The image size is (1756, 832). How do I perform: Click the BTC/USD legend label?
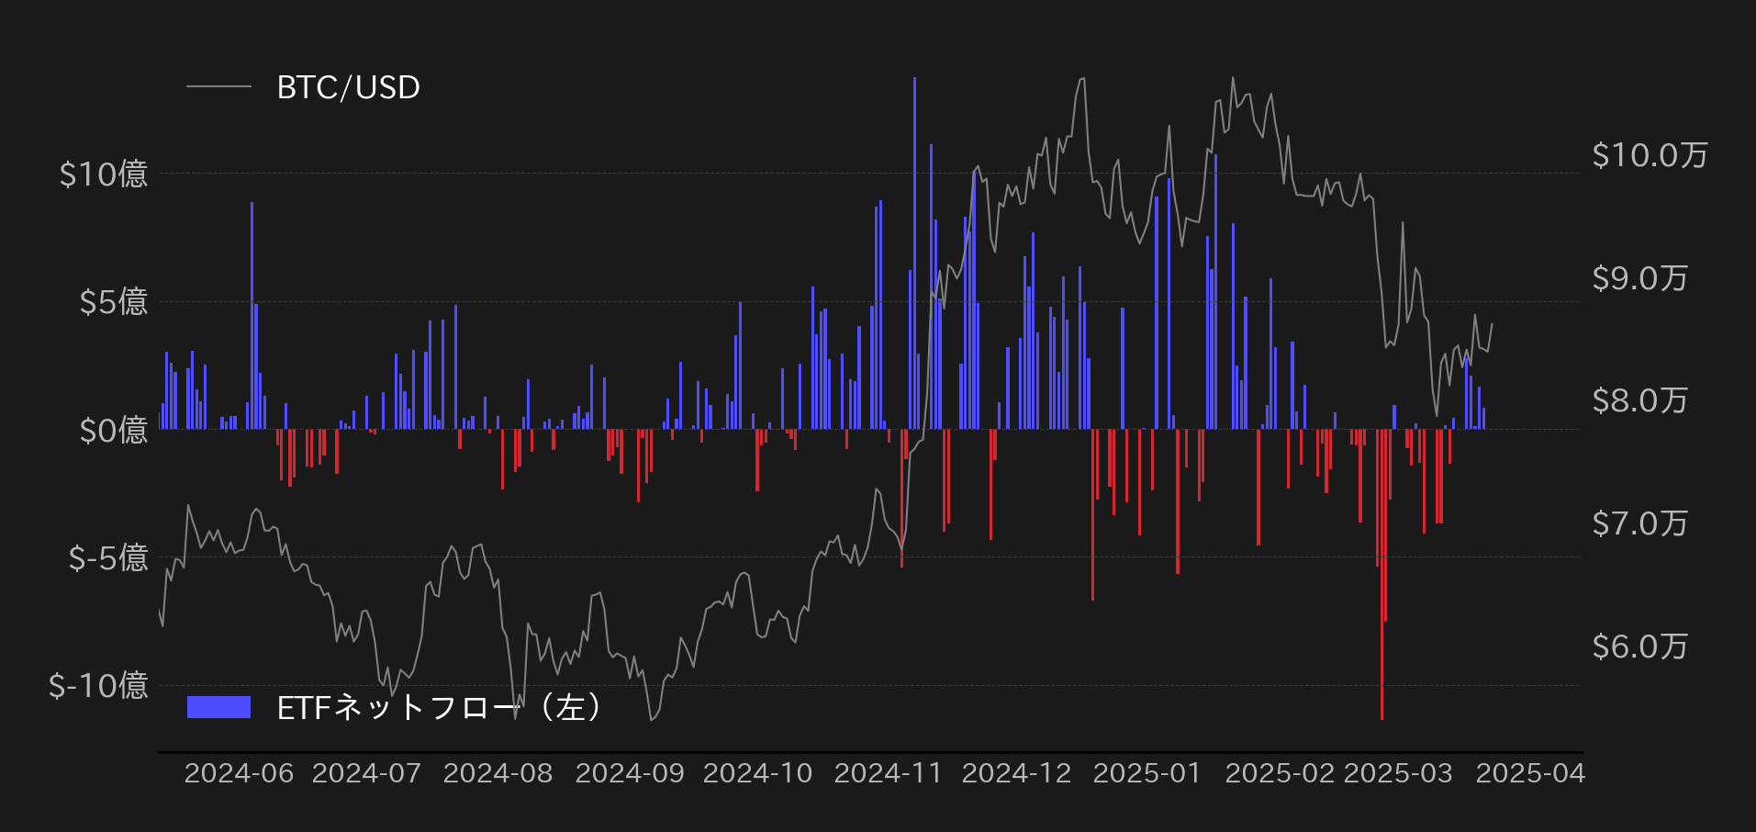[x=348, y=87]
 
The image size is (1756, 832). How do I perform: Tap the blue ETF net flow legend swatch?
[x=218, y=706]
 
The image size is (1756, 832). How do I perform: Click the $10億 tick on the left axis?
[x=103, y=174]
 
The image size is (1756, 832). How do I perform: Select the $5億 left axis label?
[x=113, y=301]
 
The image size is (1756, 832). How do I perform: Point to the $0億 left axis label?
[x=113, y=429]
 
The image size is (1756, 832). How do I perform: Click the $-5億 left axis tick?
[x=107, y=557]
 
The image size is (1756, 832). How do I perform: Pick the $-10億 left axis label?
[x=98, y=685]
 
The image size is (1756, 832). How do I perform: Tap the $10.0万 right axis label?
[x=1650, y=155]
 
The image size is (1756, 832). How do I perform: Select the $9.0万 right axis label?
[x=1639, y=278]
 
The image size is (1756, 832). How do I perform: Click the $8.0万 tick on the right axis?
[x=1639, y=400]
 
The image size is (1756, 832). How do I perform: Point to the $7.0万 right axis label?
[x=1639, y=523]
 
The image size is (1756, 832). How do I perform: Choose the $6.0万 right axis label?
[x=1639, y=646]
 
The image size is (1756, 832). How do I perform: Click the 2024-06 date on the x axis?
[x=239, y=773]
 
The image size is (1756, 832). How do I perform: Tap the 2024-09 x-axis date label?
[x=630, y=773]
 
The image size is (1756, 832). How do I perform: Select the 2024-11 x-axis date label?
[x=888, y=773]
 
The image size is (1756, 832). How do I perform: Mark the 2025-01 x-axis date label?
[x=1146, y=773]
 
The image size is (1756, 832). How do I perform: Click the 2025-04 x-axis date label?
[x=1529, y=773]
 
